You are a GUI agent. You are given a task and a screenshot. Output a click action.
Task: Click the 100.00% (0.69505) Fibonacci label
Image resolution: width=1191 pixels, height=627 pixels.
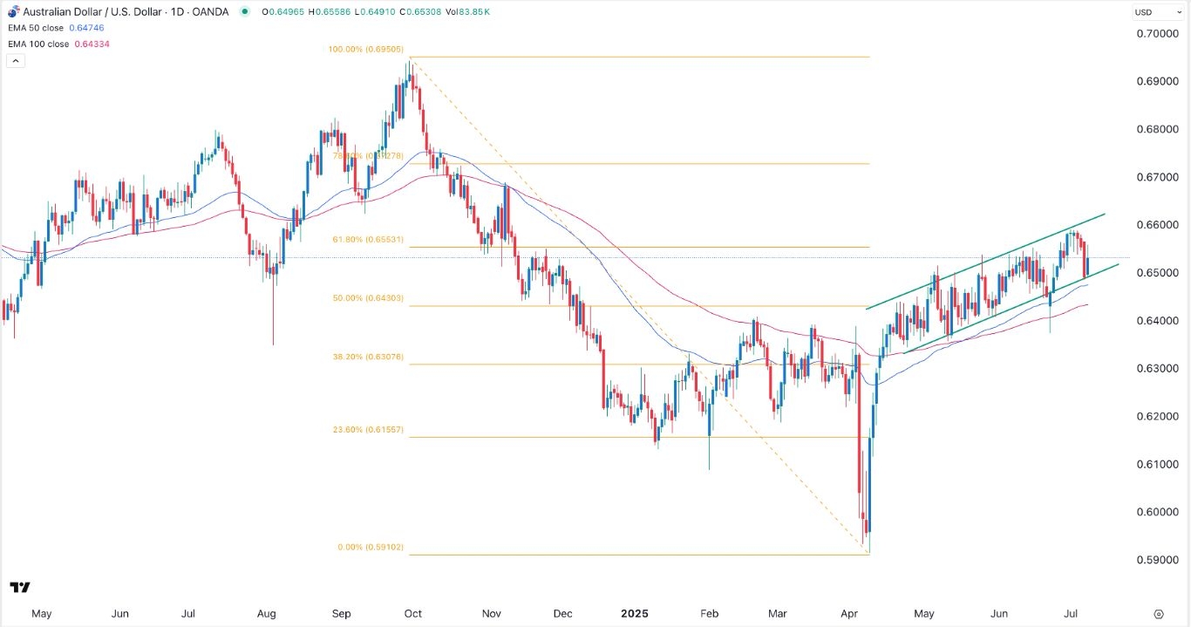click(x=364, y=51)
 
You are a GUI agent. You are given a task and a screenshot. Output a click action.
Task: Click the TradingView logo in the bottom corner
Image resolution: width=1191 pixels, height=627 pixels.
click(x=20, y=587)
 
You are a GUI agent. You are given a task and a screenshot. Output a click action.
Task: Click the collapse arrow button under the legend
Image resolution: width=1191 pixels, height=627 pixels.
click(x=14, y=61)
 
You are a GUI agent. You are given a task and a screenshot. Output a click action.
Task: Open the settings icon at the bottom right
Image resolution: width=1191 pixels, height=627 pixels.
click(x=1158, y=614)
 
